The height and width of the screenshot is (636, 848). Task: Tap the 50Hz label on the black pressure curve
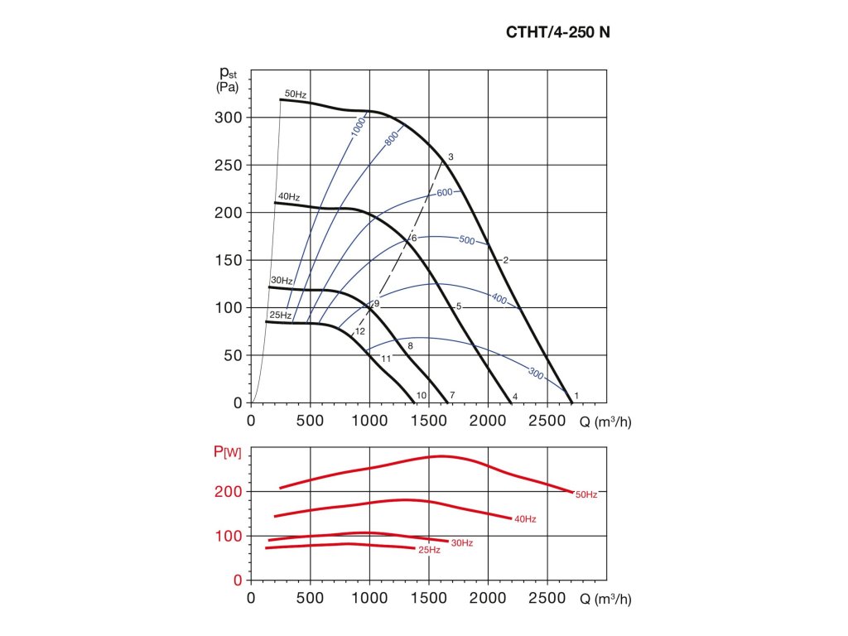(x=296, y=94)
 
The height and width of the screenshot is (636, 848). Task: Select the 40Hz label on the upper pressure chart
(x=289, y=197)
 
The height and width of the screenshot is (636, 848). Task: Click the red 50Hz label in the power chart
(x=586, y=494)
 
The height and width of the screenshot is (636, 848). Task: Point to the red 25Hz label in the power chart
(x=429, y=550)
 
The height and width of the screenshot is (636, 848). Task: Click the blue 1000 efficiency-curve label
(x=358, y=128)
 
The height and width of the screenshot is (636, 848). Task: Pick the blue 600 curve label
(x=444, y=193)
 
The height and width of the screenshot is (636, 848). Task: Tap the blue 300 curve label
(x=536, y=374)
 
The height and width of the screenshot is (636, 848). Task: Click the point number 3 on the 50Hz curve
(x=450, y=157)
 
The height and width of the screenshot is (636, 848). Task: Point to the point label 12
(x=360, y=331)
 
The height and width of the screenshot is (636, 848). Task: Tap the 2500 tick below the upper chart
(x=547, y=421)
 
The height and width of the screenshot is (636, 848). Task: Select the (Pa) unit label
(x=228, y=87)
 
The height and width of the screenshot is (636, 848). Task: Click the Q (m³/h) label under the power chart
(x=605, y=598)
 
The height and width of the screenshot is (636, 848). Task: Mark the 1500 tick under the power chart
(x=429, y=598)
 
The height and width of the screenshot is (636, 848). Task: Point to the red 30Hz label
(x=462, y=542)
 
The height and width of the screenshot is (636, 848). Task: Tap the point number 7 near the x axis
(x=452, y=396)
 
